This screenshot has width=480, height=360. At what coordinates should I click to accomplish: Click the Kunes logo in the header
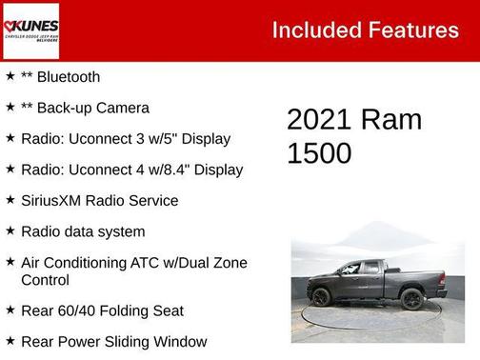30,30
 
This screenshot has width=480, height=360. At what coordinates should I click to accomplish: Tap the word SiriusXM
54,201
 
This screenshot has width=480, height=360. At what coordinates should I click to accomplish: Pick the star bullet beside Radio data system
10,230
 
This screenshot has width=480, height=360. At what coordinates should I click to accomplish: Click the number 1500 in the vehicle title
320,152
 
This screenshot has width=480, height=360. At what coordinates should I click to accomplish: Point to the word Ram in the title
391,121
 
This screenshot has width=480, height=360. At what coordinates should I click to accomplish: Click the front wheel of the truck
321,297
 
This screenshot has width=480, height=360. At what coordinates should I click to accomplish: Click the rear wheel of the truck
412,298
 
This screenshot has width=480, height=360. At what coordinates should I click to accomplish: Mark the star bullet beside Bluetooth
10,76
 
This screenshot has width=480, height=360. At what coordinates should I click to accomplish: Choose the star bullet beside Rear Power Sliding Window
10,340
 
